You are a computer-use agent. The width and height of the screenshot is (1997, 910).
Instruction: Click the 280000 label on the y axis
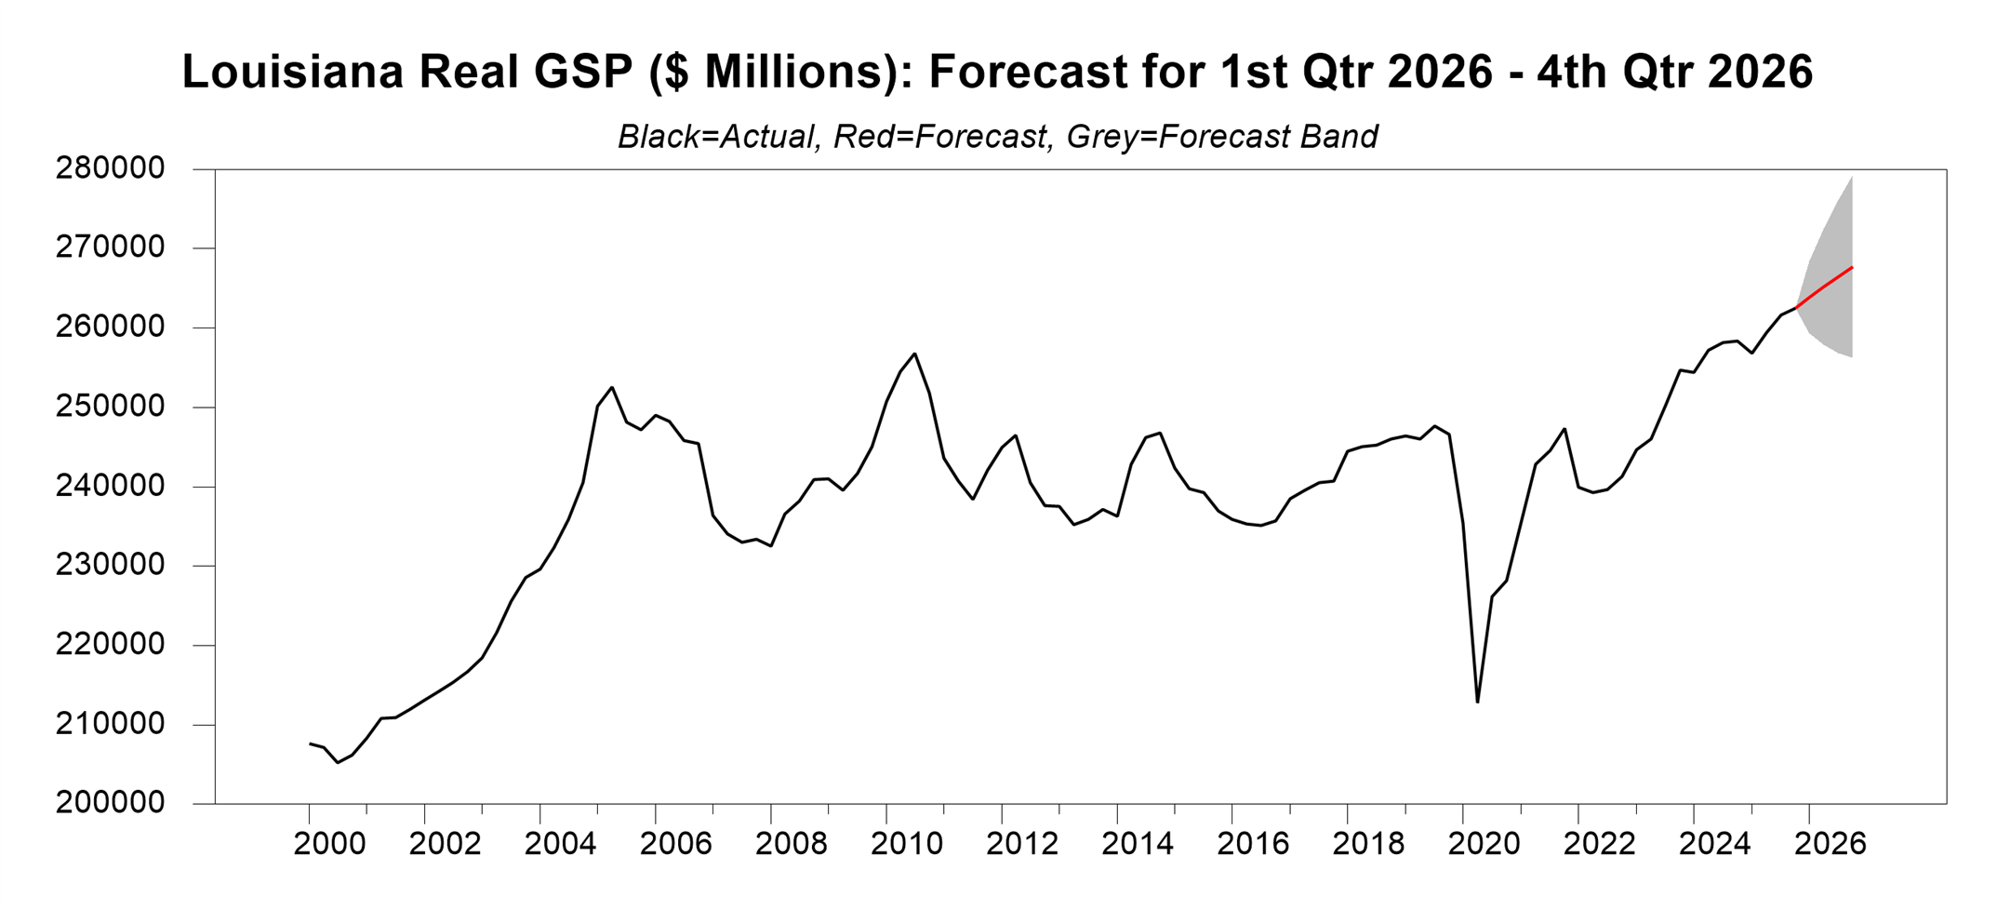[110, 168]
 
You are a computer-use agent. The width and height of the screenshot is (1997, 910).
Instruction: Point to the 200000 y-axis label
[110, 802]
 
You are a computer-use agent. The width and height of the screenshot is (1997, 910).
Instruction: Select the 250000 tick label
[110, 407]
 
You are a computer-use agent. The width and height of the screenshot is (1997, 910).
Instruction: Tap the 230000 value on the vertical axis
[110, 565]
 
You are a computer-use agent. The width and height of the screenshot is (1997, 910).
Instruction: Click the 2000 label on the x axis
[329, 844]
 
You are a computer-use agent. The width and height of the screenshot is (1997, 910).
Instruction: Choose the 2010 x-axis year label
[906, 844]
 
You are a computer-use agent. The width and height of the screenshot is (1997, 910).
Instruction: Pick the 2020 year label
[1484, 844]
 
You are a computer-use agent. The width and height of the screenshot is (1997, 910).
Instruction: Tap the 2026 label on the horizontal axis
[1830, 844]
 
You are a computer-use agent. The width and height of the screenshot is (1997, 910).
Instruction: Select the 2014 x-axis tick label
[1138, 844]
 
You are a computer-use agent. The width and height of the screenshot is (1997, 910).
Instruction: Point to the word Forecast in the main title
[1028, 73]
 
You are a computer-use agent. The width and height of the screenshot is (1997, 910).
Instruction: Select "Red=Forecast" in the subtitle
[939, 138]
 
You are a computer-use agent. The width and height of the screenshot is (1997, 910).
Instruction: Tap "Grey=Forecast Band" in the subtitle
[1221, 138]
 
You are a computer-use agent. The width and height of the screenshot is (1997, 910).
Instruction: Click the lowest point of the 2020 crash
[1477, 702]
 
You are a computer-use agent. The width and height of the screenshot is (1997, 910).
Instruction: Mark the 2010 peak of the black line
[915, 354]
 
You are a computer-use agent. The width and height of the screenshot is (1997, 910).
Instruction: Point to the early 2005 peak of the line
[612, 387]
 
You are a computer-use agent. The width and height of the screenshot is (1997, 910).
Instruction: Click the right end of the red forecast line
[1852, 268]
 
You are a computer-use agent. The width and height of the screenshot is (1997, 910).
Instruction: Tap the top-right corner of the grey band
[1852, 177]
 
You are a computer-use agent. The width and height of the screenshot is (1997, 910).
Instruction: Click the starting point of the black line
[310, 743]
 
